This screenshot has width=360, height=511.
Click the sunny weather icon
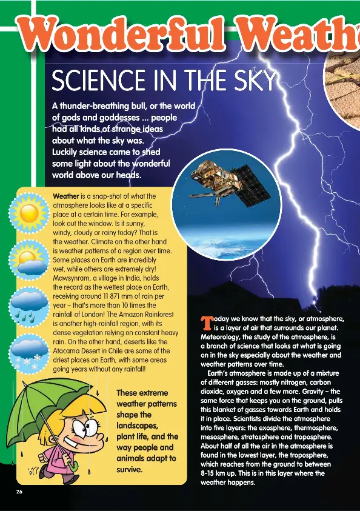28,214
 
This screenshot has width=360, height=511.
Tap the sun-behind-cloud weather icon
28,261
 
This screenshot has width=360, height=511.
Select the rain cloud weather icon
28,306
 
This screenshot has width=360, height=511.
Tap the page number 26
20,492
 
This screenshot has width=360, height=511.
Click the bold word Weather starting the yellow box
66,196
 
